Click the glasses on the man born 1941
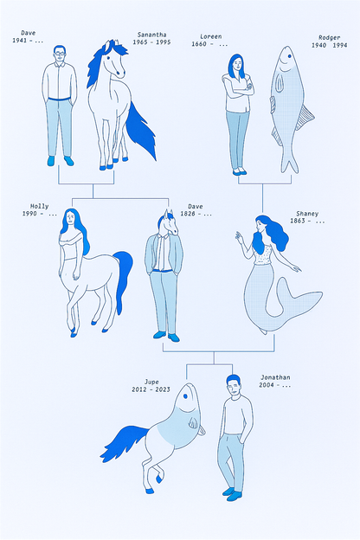59,54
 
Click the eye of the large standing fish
289,61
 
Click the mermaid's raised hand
240,236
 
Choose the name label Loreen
211,37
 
